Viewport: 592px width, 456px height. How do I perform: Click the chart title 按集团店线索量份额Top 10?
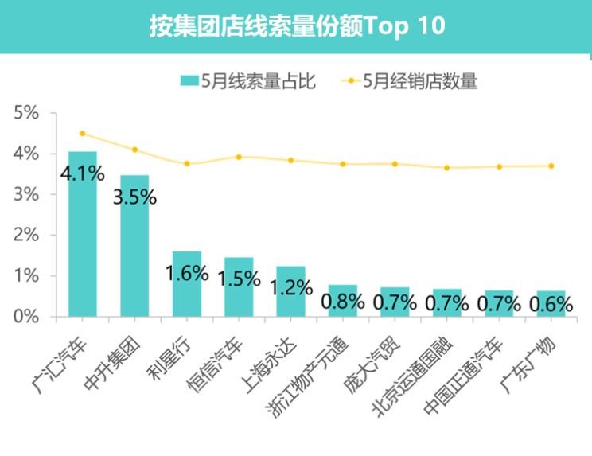296,26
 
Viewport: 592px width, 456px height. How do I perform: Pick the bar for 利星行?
186,283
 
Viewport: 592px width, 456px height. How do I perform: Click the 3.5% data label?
134,197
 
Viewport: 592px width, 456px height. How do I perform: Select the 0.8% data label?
342,302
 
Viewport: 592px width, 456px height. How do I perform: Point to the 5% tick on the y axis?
26,113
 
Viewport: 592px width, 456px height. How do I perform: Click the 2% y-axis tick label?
26,235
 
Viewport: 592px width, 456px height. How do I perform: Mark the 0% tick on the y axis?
26,317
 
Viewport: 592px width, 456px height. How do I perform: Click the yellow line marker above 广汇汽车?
83,134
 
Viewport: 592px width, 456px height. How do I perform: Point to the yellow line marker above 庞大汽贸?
395,164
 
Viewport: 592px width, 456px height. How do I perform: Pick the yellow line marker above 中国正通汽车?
499,167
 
